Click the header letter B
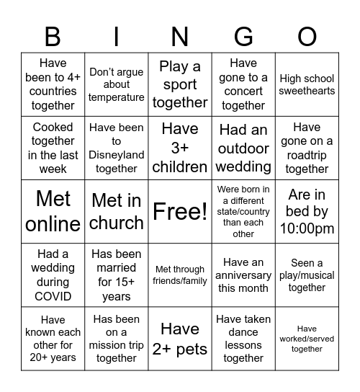[x=53, y=36]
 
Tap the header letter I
[x=117, y=36]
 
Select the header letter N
[x=180, y=36]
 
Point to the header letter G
[x=243, y=36]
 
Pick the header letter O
[x=307, y=36]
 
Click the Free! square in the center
[x=180, y=212]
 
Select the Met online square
[x=53, y=212]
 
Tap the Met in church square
[x=117, y=212]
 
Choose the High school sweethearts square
[x=307, y=85]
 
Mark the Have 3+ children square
[x=180, y=148]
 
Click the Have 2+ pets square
[x=180, y=339]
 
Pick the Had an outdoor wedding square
[x=243, y=148]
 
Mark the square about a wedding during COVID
[x=53, y=275]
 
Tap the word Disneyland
[x=117, y=155]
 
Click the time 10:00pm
[x=307, y=229]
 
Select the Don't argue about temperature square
[x=117, y=85]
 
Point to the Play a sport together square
[x=180, y=85]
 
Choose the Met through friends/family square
[x=180, y=275]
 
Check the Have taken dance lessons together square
[x=243, y=339]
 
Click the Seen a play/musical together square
[x=307, y=275]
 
